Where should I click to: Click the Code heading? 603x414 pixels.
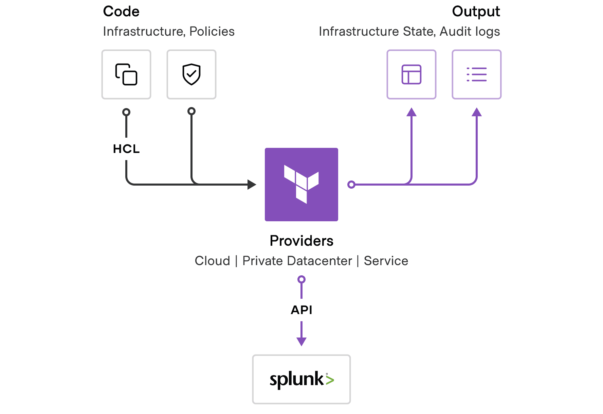[121, 12]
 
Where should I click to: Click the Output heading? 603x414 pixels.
[476, 12]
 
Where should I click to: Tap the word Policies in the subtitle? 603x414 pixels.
[212, 31]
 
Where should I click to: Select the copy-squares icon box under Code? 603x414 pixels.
[126, 74]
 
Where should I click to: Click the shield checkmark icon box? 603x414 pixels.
[191, 74]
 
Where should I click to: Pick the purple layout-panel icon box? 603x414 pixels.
[412, 74]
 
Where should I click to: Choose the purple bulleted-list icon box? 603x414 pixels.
[477, 74]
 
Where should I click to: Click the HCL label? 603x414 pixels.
[126, 149]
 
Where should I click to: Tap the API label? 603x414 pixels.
[301, 310]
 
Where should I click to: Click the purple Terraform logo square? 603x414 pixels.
[301, 185]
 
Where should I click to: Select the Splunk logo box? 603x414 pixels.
[301, 379]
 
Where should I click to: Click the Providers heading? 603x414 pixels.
[301, 241]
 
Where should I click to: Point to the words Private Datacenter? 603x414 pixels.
[297, 261]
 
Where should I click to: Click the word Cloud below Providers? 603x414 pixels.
[213, 261]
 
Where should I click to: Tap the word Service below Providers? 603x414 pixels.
[386, 261]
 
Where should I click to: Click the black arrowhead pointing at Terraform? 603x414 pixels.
[252, 185]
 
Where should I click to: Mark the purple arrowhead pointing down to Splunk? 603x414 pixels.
[301, 341]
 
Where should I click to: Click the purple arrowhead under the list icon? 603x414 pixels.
[477, 113]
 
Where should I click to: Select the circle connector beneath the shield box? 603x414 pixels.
[191, 111]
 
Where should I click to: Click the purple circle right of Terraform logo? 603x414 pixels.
[351, 185]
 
